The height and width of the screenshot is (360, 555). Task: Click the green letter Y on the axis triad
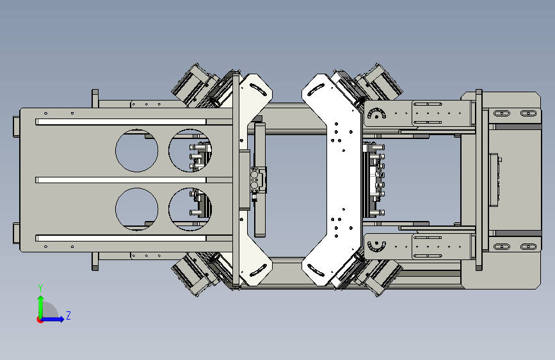pos(40,288)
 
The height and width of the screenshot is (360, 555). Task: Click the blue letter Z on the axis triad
pos(68,315)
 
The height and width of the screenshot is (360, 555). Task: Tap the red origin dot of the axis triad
pos(40,320)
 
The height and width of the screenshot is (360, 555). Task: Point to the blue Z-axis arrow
pos(52,319)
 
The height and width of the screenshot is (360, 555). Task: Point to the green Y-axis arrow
pos(41,307)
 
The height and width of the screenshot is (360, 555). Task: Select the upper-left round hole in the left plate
pos(136,151)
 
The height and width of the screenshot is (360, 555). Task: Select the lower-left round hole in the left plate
pos(136,209)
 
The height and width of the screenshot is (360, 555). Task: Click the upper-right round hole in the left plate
pos(190,151)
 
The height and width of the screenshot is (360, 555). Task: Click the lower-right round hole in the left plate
pos(190,209)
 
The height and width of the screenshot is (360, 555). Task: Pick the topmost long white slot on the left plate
pos(121,122)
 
